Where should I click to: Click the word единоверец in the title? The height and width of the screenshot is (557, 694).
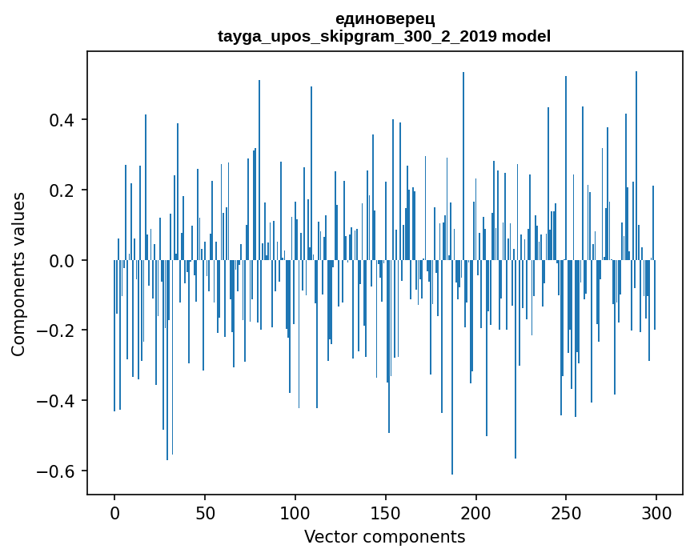tap(384, 18)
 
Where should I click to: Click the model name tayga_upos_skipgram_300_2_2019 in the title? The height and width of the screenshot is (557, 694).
tap(357, 36)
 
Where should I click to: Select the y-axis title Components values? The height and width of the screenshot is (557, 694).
tap(18, 274)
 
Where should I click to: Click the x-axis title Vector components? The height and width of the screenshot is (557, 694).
tap(384, 537)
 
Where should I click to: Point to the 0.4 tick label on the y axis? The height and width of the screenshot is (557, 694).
tap(61, 120)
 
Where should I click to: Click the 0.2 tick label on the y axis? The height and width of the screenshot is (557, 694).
tap(61, 190)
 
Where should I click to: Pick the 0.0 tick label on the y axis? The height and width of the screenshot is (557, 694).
tap(61, 261)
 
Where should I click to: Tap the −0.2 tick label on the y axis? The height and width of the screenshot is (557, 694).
tap(55, 331)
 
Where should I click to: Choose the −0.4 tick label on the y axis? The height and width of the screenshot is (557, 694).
tap(55, 401)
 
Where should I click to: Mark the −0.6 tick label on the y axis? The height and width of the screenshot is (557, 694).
tap(55, 471)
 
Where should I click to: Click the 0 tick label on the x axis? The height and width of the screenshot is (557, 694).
tap(114, 513)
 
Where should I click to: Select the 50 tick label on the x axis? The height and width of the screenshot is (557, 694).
tap(205, 513)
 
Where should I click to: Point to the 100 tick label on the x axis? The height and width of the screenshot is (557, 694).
tap(295, 513)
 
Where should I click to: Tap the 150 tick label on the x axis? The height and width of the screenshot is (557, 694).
tap(386, 513)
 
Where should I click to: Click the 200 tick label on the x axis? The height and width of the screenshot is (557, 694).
tap(475, 513)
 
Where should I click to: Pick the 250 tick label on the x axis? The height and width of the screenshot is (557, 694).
tap(566, 513)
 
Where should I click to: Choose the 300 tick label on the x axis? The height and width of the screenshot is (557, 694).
tap(656, 513)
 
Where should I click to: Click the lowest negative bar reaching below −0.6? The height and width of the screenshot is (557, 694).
tap(452, 367)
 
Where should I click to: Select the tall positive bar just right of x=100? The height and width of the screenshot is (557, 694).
tap(311, 173)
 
